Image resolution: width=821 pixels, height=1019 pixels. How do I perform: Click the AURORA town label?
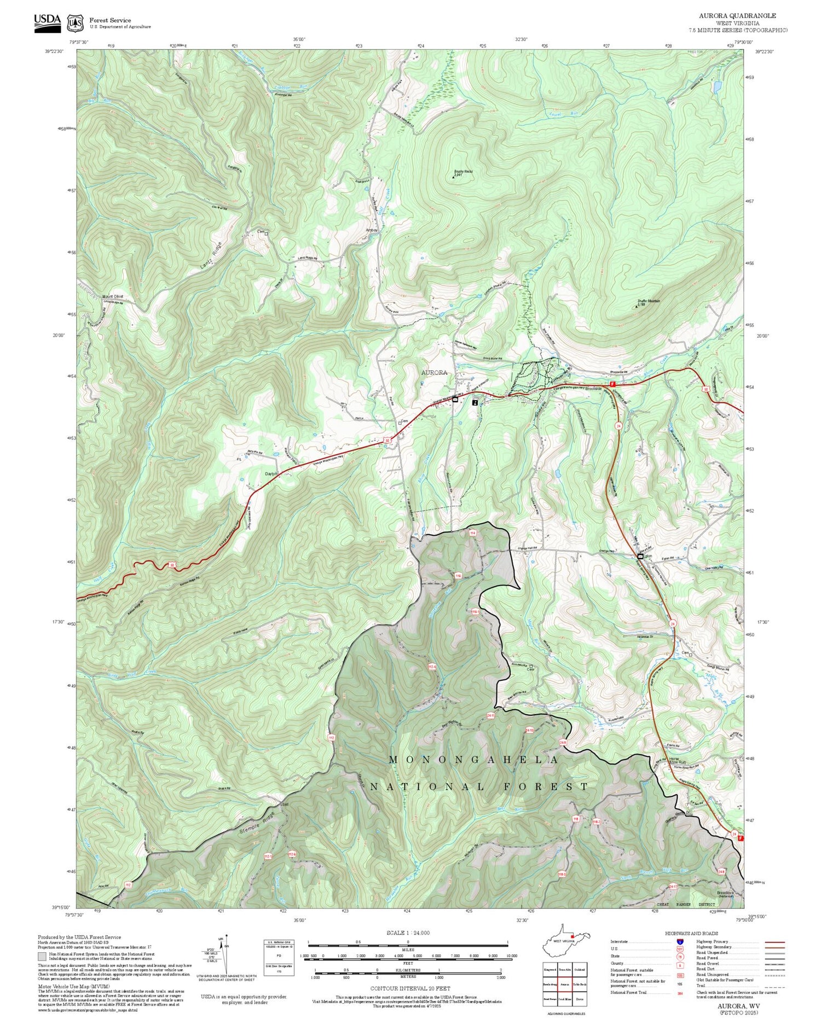coord(434,372)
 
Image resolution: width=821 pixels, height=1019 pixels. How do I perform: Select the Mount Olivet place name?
coord(113,296)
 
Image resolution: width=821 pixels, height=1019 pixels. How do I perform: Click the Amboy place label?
coord(372,230)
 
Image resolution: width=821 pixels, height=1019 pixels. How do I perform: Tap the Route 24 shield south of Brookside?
coord(618,425)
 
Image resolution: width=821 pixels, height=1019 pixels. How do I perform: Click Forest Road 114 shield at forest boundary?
coord(472,532)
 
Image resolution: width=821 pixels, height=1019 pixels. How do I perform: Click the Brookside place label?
coord(594,388)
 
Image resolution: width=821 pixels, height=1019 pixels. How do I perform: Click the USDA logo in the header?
coord(48,21)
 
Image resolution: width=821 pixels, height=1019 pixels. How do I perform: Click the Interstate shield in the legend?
coord(680,941)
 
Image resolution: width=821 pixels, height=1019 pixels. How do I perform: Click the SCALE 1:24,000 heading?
coord(408,933)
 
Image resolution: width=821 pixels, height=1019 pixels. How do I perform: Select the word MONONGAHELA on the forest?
coord(473,760)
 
